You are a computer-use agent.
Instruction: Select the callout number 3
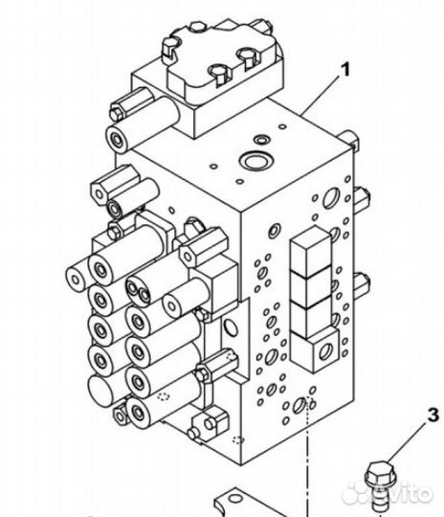(x=433, y=416)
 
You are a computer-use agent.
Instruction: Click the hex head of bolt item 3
(x=380, y=473)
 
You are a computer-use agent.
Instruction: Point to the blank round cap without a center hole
(x=100, y=388)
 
